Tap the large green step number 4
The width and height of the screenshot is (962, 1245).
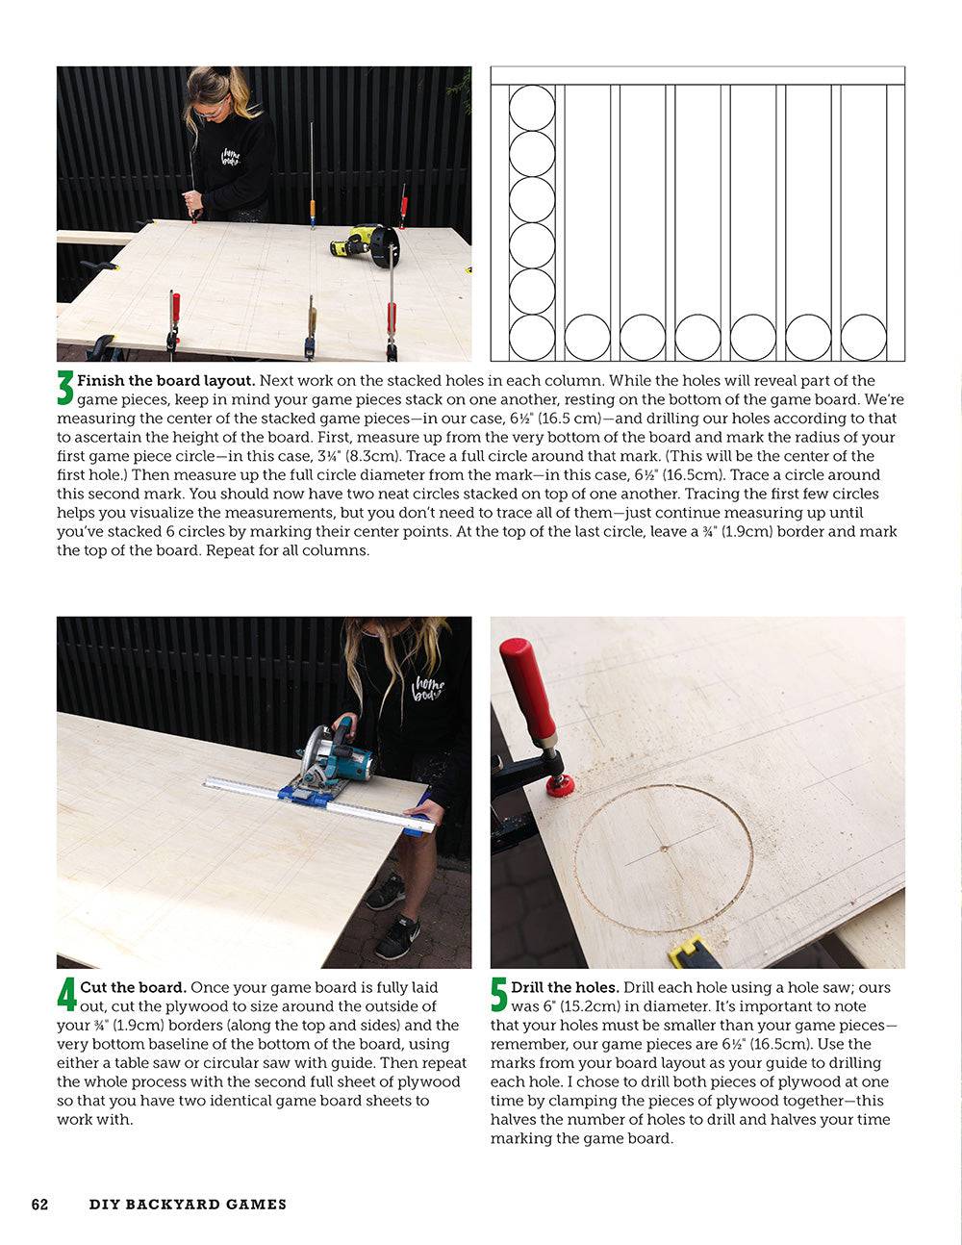[66, 996]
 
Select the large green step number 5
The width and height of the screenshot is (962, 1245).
[499, 996]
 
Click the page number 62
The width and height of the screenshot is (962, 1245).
[39, 1204]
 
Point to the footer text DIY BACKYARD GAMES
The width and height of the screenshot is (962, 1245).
[188, 1204]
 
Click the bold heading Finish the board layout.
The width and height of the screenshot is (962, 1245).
[166, 381]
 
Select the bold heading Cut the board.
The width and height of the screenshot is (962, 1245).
[133, 987]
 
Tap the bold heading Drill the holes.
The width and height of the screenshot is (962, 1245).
[565, 987]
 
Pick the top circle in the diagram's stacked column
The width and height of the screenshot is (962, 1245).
[532, 108]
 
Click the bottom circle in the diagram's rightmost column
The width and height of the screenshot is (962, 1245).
[863, 338]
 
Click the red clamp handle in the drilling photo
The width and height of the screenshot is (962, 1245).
[527, 689]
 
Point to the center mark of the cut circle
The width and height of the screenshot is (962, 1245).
[664, 849]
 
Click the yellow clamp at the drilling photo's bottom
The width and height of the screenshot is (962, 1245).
[695, 953]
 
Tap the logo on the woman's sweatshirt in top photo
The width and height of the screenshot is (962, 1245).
[231, 157]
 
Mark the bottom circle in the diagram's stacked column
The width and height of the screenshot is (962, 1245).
[532, 338]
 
